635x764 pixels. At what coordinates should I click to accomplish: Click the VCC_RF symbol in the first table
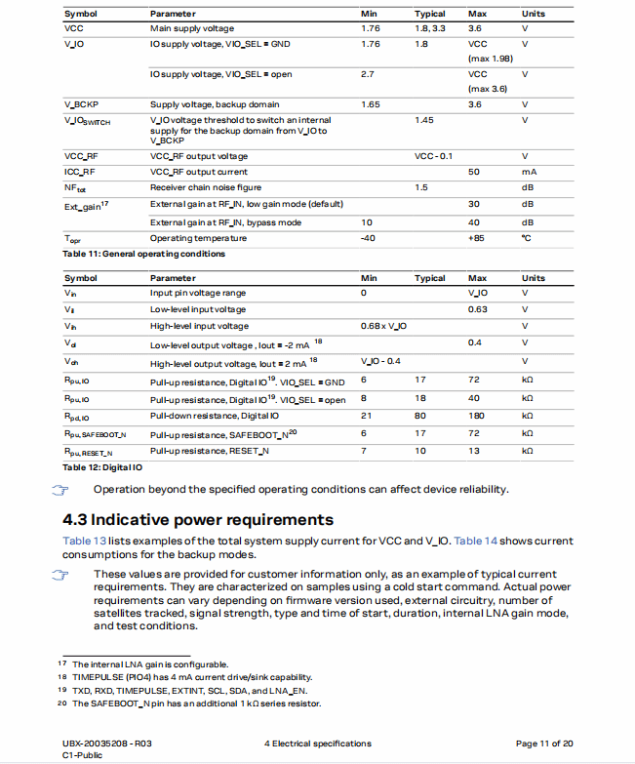pyautogui.click(x=81, y=156)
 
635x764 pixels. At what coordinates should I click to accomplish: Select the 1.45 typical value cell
pyautogui.click(x=423, y=120)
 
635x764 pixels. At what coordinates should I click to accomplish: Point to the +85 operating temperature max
pyautogui.click(x=476, y=238)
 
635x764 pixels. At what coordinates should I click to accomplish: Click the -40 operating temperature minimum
pyautogui.click(x=368, y=238)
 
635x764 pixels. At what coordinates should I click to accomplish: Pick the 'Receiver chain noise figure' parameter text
pyautogui.click(x=206, y=186)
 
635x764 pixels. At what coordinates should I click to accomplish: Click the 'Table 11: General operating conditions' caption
pyautogui.click(x=143, y=254)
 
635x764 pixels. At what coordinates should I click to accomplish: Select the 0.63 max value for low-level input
pyautogui.click(x=477, y=309)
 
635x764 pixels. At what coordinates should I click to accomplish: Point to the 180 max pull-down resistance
pyautogui.click(x=476, y=416)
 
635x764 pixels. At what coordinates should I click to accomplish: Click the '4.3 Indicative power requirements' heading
pyautogui.click(x=198, y=519)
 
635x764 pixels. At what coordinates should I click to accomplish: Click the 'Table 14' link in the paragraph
pyautogui.click(x=475, y=541)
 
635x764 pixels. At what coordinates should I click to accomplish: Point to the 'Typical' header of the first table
pyautogui.click(x=430, y=15)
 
